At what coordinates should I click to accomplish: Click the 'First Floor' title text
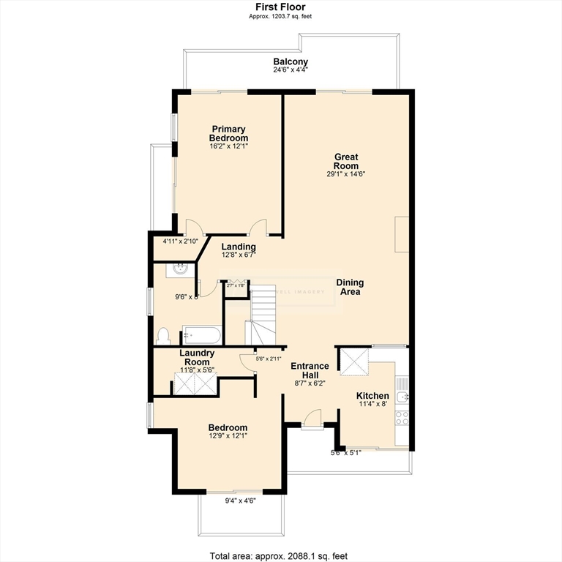(x=281, y=7)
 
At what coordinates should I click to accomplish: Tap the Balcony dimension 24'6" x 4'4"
(x=291, y=70)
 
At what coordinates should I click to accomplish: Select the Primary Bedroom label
(x=228, y=133)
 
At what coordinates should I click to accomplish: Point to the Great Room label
(x=345, y=161)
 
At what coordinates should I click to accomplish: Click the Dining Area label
(x=350, y=287)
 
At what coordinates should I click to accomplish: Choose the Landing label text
(x=239, y=247)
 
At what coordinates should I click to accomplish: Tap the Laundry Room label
(x=197, y=357)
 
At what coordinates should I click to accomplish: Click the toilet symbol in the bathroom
(x=164, y=337)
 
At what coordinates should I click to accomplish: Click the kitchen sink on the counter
(x=402, y=397)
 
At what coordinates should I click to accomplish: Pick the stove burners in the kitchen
(x=402, y=418)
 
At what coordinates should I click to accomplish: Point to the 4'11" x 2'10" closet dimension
(x=179, y=241)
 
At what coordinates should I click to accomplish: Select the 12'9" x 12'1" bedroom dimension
(x=228, y=438)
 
